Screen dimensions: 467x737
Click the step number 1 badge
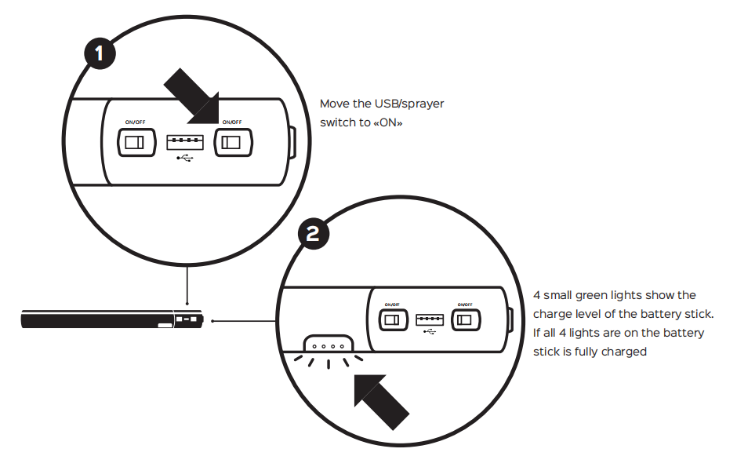[x=99, y=55]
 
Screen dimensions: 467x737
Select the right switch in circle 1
[x=231, y=142]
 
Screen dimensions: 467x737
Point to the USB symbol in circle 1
[x=184, y=159]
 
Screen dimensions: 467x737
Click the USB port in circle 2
[x=428, y=319]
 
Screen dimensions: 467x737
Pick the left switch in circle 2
[x=391, y=319]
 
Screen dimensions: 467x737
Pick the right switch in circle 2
[x=467, y=319]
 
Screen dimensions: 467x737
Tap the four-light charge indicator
[x=328, y=345]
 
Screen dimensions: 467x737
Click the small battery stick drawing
[x=111, y=320]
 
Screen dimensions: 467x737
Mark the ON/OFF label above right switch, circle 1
[x=232, y=122]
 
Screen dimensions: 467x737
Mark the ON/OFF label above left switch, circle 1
[x=135, y=122]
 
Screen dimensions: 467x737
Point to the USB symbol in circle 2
[x=429, y=331]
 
